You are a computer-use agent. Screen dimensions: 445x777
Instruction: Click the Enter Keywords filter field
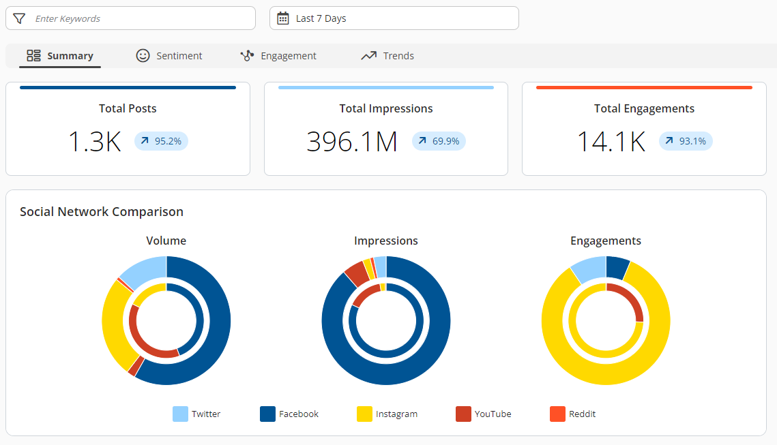(136, 18)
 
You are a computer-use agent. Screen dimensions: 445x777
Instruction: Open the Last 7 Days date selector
(394, 18)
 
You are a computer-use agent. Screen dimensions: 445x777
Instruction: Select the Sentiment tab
(169, 56)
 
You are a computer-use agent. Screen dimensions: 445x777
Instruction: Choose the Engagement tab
(278, 56)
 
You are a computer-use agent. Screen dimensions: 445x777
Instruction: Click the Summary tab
(60, 56)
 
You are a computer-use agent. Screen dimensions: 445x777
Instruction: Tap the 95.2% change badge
(161, 141)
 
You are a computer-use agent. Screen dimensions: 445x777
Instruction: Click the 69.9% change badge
(439, 141)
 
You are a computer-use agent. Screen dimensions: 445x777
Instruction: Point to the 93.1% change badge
(686, 141)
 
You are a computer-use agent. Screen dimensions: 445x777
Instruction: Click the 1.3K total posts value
(94, 141)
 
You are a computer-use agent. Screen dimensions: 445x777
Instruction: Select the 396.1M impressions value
(352, 141)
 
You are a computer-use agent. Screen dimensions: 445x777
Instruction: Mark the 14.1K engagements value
(611, 141)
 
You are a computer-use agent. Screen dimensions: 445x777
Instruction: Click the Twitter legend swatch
(180, 414)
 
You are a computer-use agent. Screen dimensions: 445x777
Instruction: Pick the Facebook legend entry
(289, 414)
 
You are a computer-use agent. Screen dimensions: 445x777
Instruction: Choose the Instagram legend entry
(387, 414)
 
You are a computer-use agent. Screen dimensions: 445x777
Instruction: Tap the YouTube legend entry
(484, 414)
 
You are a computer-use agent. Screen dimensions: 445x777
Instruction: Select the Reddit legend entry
(573, 414)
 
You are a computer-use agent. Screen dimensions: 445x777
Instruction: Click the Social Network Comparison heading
(102, 211)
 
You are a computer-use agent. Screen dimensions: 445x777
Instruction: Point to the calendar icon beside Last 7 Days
(283, 18)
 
